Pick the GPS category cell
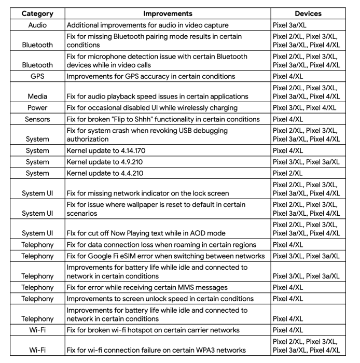click(x=34, y=77)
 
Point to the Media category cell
click(x=34, y=96)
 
